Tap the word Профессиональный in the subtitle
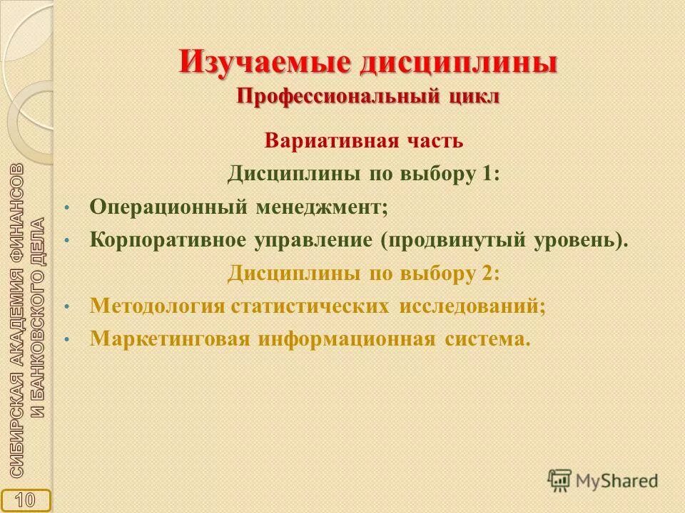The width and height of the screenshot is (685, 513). click(x=337, y=96)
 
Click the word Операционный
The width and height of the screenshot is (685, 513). click(x=168, y=207)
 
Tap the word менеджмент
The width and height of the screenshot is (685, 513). click(x=322, y=207)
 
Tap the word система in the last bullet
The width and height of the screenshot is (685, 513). click(x=489, y=338)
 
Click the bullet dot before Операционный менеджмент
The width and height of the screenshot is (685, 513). click(x=66, y=208)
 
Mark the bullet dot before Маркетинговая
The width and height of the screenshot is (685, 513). click(x=66, y=339)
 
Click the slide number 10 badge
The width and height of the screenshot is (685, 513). click(x=26, y=499)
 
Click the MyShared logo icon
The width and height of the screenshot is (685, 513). click(x=560, y=480)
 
